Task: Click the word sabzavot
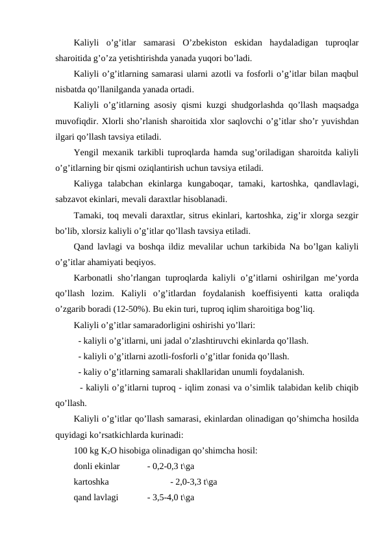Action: (x=73, y=199)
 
